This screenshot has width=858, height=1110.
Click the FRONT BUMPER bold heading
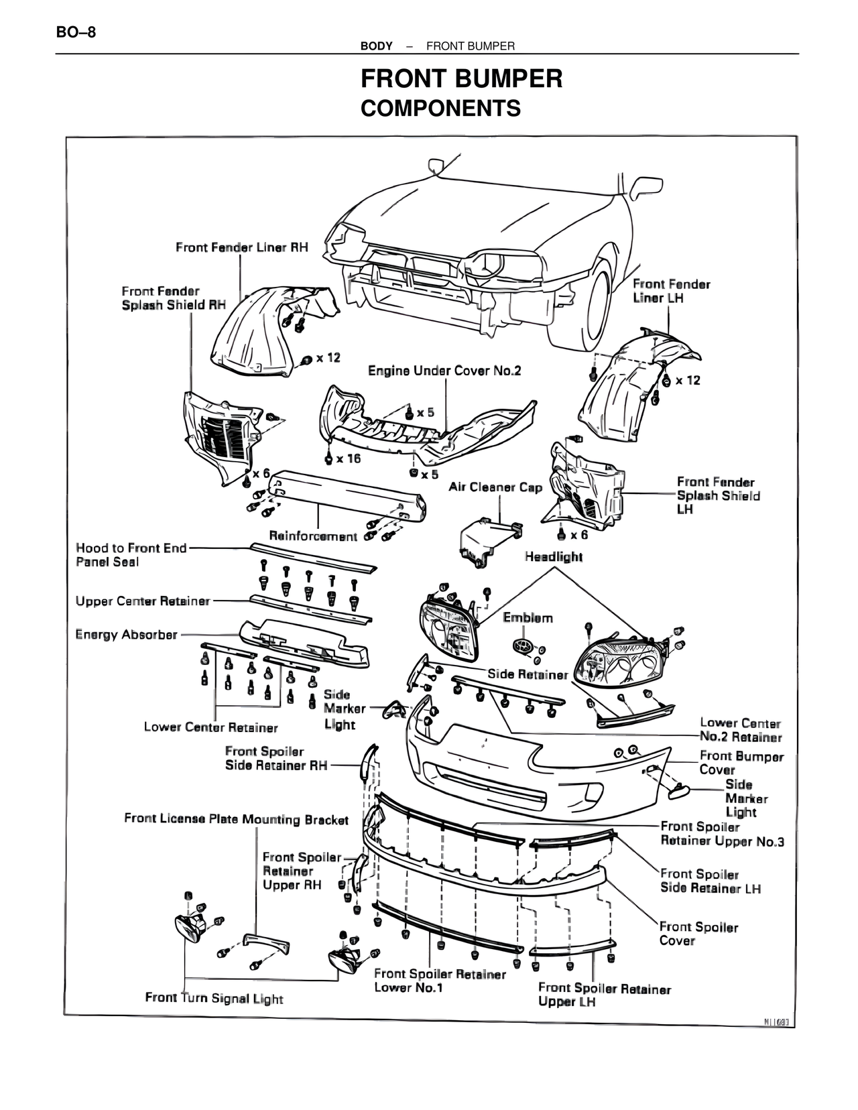(461, 79)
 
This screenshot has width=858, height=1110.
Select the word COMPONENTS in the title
(440, 108)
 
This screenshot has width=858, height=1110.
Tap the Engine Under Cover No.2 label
(444, 371)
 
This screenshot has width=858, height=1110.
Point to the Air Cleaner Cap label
(495, 487)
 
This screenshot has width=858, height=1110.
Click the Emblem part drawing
(523, 646)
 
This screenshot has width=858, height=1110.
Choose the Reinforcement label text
(313, 536)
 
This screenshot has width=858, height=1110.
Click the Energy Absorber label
(127, 634)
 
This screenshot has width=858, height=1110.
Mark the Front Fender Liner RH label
(242, 247)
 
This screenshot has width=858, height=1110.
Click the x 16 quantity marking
(349, 458)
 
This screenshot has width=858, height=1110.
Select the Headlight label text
(554, 557)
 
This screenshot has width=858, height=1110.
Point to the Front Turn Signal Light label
(214, 998)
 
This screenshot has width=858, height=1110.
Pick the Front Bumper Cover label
(741, 763)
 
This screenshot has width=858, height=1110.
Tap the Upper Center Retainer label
(143, 601)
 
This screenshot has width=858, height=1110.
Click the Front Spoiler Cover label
(698, 934)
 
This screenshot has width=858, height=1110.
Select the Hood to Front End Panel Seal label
(131, 555)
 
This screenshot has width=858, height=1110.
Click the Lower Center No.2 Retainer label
(741, 730)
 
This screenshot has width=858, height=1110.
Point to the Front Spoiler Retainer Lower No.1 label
(440, 981)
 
